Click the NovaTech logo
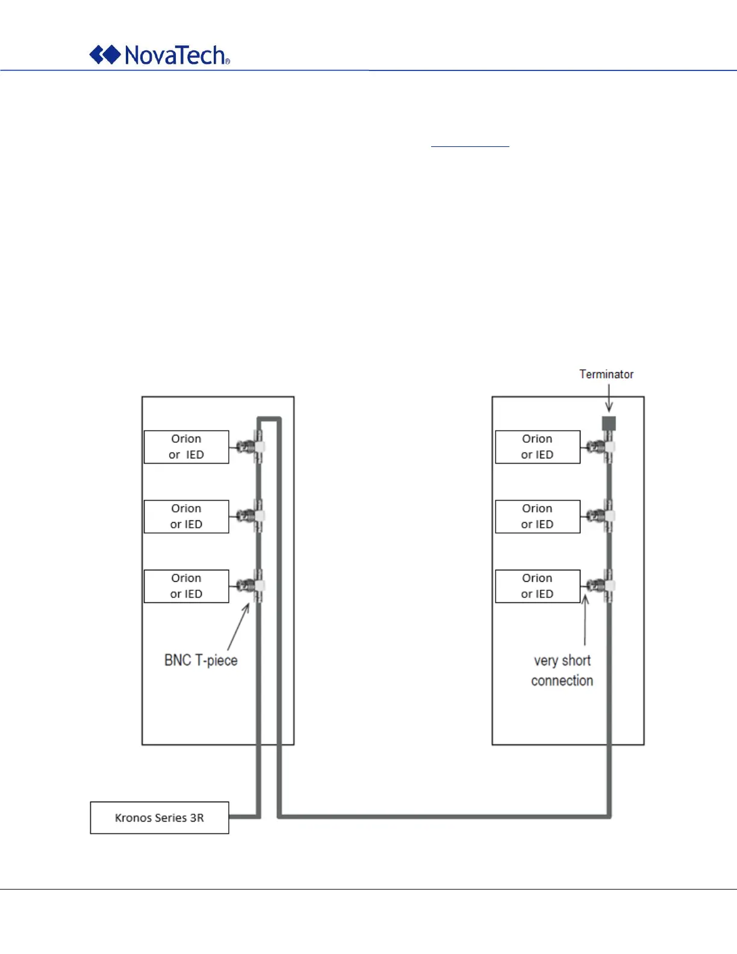click(160, 55)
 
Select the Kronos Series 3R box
click(160, 817)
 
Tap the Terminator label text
click(606, 374)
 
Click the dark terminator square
click(609, 423)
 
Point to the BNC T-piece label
click(201, 660)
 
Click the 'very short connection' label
click(562, 670)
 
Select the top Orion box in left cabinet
click(186, 447)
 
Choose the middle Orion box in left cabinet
click(186, 516)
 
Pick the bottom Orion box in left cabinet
click(186, 586)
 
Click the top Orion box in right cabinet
click(537, 447)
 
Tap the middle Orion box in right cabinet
click(537, 516)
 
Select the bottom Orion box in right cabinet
click(537, 586)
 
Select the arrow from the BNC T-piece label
click(238, 626)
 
